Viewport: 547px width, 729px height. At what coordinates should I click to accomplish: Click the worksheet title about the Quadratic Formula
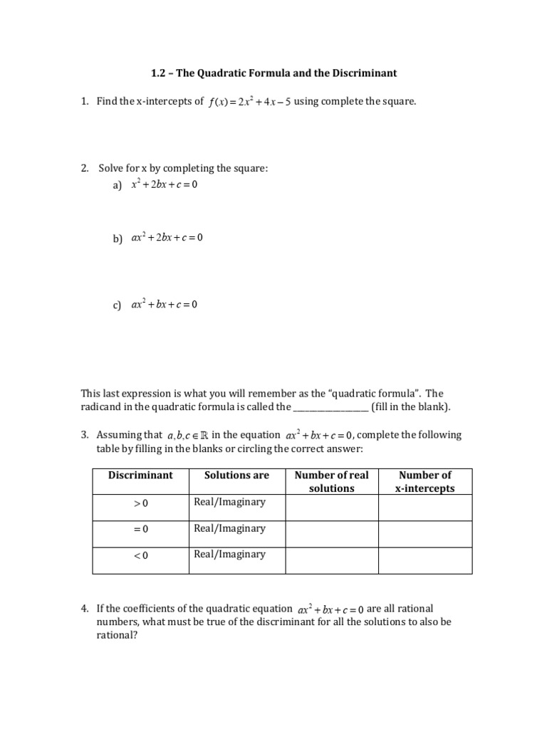[273, 73]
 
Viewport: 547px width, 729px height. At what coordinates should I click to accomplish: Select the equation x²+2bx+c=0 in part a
[164, 185]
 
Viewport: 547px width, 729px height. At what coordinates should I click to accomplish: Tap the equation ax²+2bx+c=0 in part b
[167, 238]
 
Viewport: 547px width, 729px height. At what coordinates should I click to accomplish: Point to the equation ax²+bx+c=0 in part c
[164, 305]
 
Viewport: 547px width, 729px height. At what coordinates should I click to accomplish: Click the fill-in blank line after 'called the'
[331, 408]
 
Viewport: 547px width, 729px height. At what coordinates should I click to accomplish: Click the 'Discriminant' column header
[140, 475]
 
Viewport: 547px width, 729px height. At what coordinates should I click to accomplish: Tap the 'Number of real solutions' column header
[331, 481]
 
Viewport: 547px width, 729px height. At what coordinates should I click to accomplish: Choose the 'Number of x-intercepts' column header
[424, 481]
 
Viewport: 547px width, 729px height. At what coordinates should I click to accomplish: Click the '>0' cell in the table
[140, 503]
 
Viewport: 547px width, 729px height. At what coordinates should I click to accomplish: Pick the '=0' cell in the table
[140, 529]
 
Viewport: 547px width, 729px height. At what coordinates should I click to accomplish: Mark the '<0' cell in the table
[140, 555]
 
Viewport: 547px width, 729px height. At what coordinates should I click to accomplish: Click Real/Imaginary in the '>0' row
[229, 502]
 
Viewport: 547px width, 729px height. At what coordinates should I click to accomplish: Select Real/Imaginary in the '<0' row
[229, 554]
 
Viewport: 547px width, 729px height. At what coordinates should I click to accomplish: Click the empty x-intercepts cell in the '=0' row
[424, 533]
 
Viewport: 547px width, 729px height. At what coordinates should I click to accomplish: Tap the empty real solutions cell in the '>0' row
[331, 508]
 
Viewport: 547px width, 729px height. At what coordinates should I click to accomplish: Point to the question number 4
[84, 609]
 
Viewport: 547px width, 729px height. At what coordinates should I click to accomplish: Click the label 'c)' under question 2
[117, 305]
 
